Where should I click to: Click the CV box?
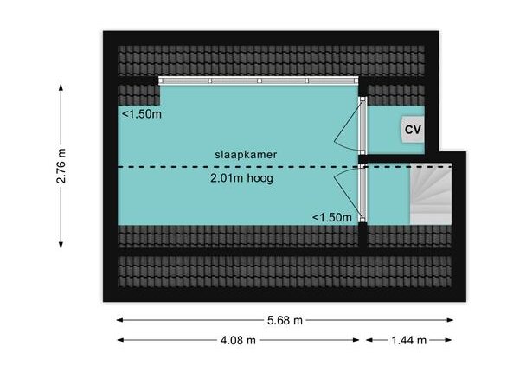tap(413, 130)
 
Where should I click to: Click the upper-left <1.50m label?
tap(141, 114)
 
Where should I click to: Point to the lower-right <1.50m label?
tap(332, 216)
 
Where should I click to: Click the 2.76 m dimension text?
tap(61, 165)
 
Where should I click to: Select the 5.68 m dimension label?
tap(285, 320)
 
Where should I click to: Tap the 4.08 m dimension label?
tap(238, 340)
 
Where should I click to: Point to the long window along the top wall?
tap(259, 80)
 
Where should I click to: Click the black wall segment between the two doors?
tap(364, 158)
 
